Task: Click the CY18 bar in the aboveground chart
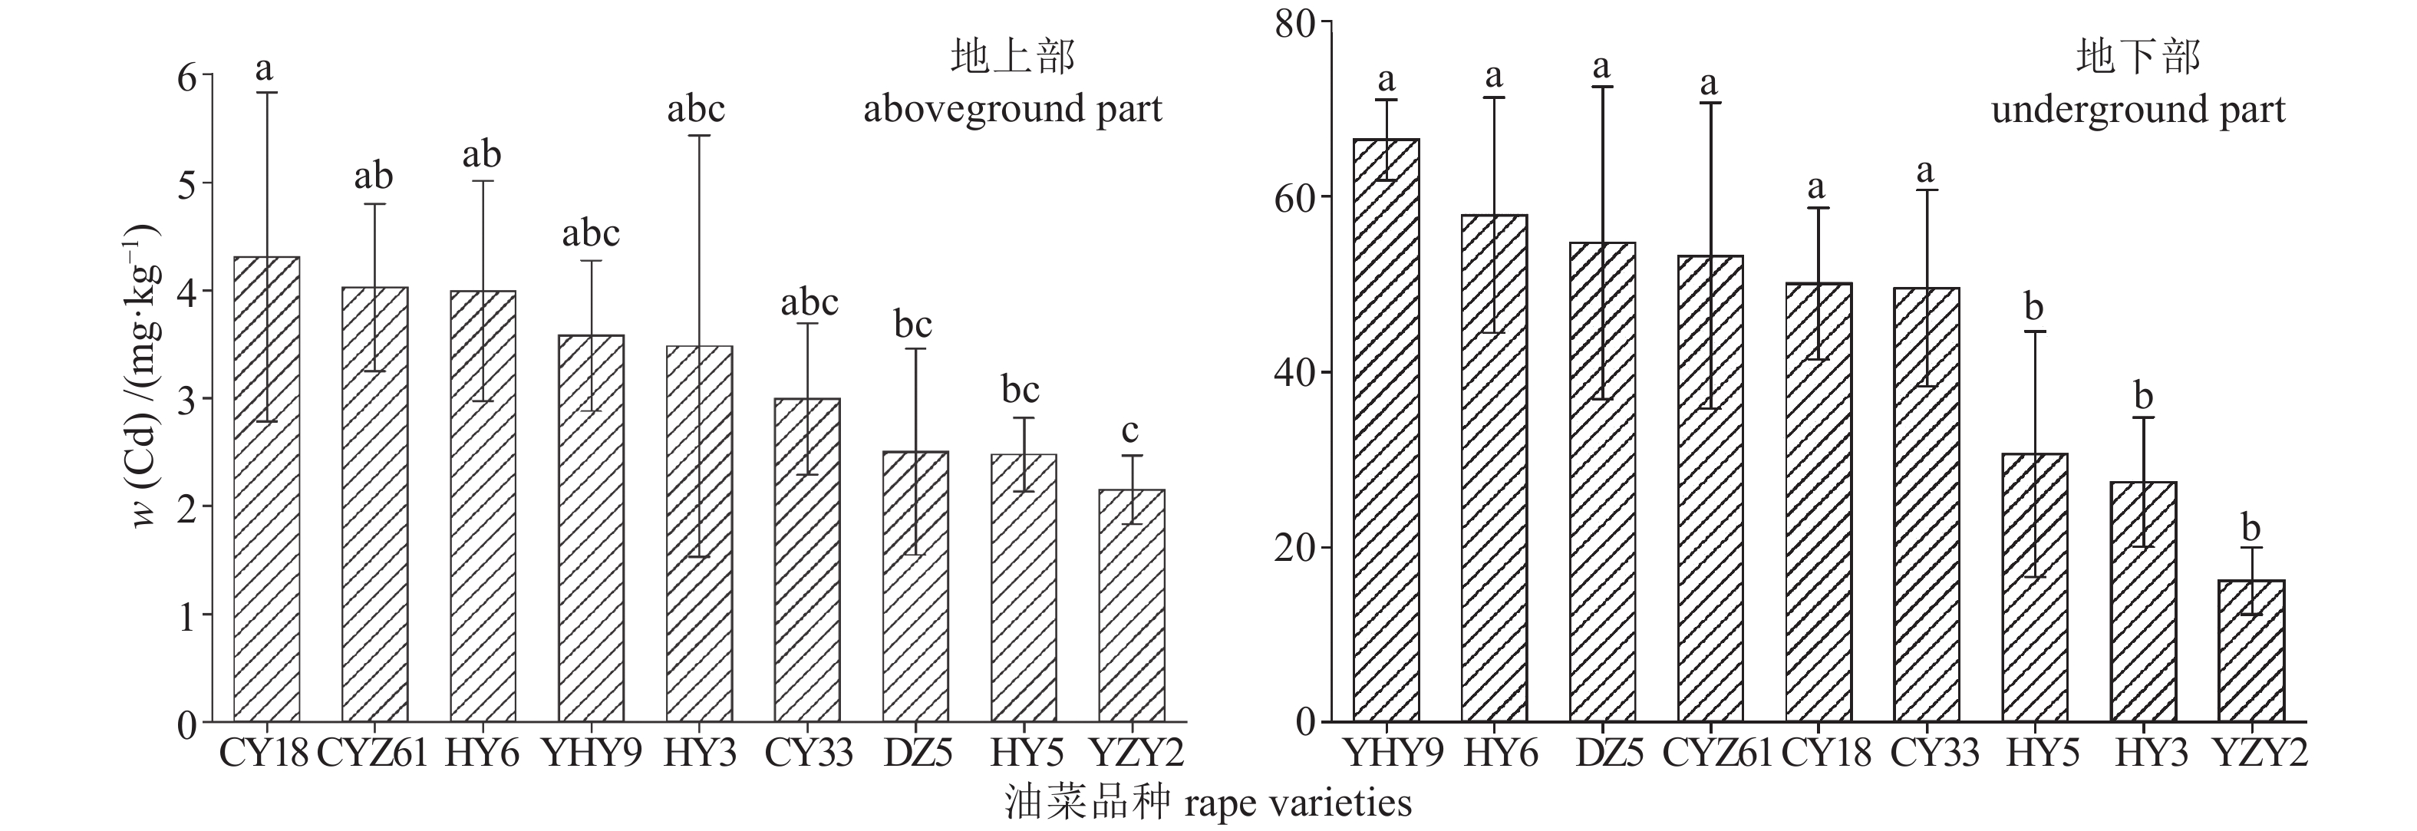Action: [266, 488]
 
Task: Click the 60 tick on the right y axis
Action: [1295, 197]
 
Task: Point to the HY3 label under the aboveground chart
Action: [699, 754]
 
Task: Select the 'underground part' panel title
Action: [2138, 110]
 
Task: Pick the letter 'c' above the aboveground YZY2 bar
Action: [1131, 431]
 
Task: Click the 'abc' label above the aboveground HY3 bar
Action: [696, 110]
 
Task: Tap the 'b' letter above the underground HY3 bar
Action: [2144, 396]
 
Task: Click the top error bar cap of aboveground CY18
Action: [266, 93]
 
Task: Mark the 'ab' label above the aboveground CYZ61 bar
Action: [374, 176]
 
